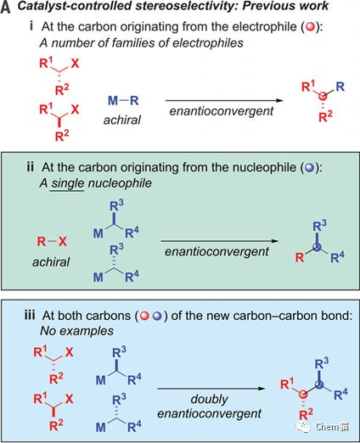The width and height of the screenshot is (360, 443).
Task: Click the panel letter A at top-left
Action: (7, 9)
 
